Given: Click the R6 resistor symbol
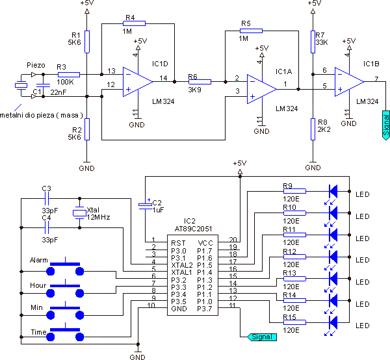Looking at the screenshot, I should point(200,82).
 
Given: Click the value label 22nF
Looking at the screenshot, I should point(58,92).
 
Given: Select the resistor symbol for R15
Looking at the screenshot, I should point(291,323).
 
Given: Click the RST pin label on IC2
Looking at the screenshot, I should point(177,242).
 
